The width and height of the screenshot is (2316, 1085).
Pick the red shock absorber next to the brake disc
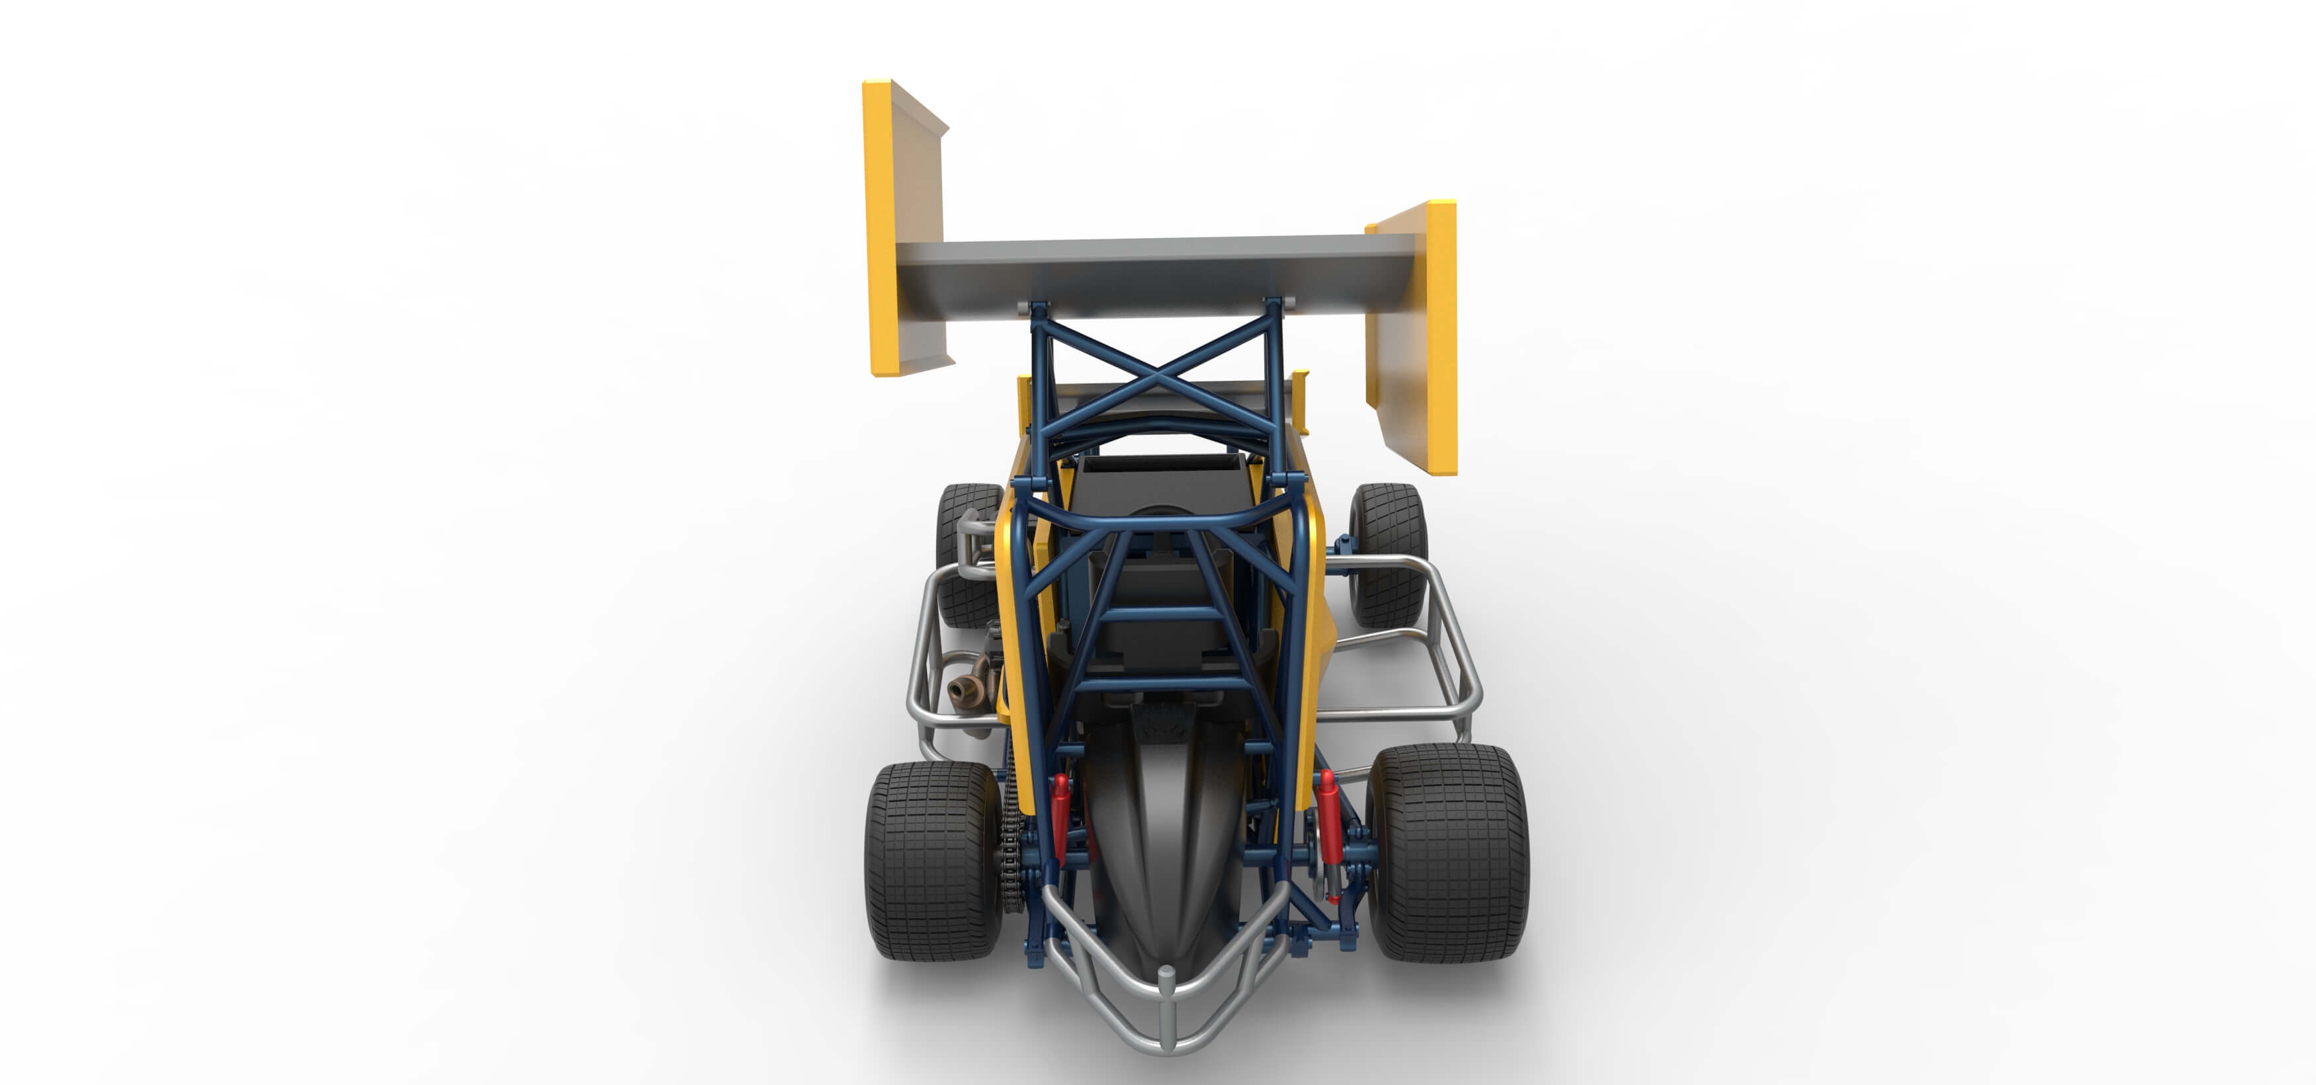point(1328,827)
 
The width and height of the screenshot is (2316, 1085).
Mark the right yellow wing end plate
point(1439,337)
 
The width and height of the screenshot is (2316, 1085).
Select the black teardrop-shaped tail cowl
point(1160,845)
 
